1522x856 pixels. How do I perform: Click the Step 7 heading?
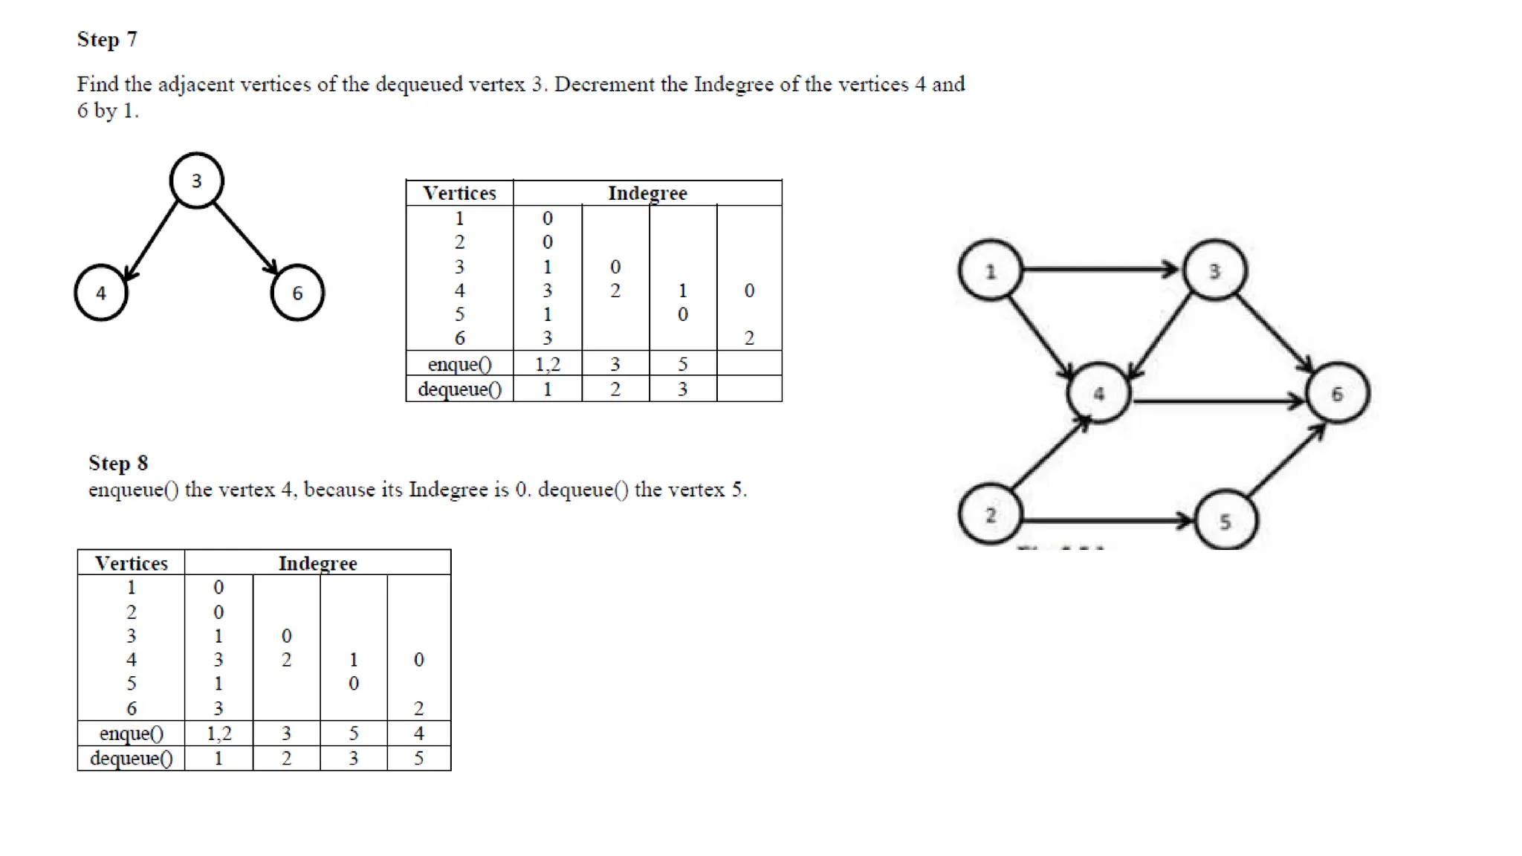(x=107, y=39)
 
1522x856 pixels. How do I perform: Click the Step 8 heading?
(x=118, y=463)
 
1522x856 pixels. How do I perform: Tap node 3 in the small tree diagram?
(x=196, y=181)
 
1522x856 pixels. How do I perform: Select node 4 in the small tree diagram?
(x=101, y=293)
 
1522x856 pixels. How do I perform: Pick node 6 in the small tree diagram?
(x=297, y=293)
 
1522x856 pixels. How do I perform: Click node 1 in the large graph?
(x=990, y=271)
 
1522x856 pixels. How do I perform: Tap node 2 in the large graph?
(x=990, y=515)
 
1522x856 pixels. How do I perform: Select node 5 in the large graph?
(x=1225, y=521)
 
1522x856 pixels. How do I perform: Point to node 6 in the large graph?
(x=1337, y=394)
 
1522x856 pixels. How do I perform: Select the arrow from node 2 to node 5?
(x=1107, y=520)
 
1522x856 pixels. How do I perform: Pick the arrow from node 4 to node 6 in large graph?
(x=1217, y=401)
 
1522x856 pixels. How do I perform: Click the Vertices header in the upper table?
(x=459, y=193)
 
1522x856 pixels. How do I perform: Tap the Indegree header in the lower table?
(x=317, y=563)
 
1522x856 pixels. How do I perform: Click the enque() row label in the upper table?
(x=459, y=364)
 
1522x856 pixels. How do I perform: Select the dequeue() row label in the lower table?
(x=131, y=759)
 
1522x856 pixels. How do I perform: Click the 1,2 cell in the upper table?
(x=548, y=364)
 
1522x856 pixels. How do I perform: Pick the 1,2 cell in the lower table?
(x=218, y=733)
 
